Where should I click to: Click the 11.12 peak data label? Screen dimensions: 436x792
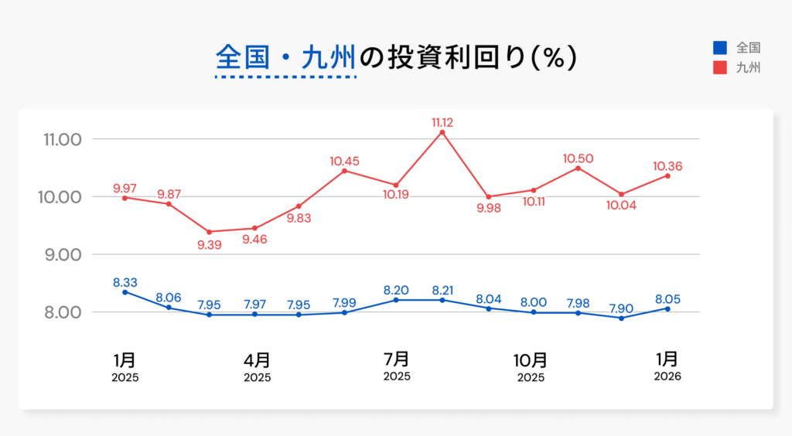pos(442,122)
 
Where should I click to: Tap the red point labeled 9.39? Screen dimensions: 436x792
pos(212,232)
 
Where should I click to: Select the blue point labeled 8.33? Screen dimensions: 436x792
pos(125,292)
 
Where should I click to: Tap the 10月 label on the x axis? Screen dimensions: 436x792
pos(531,359)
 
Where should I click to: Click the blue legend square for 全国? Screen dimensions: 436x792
pos(719,47)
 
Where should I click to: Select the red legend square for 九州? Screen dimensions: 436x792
pos(719,68)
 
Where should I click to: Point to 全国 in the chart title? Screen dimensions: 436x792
pos(242,58)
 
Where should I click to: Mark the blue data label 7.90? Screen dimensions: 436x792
pos(621,308)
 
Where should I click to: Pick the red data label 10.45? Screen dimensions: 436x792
pos(344,161)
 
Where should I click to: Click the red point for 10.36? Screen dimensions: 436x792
pos(667,176)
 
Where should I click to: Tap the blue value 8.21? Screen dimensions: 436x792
pos(442,290)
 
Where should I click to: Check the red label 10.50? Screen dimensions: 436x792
pos(578,158)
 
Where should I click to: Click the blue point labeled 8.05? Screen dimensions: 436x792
pos(667,308)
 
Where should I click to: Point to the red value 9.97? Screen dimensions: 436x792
pos(125,188)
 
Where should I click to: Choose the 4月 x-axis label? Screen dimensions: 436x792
pos(257,359)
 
